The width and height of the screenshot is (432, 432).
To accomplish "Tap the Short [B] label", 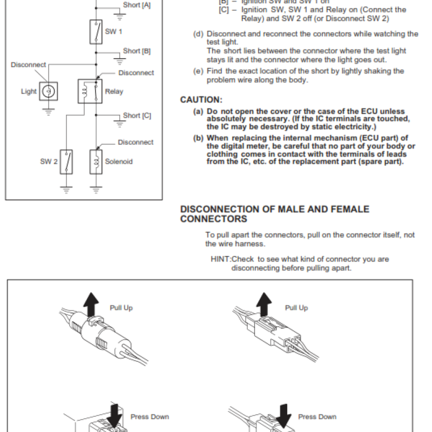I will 137,51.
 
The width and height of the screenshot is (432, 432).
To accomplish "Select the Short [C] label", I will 137,116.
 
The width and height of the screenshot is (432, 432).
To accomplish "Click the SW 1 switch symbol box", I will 96,32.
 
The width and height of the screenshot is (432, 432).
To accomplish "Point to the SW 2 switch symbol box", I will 66,161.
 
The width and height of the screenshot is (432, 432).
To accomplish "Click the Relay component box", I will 90,91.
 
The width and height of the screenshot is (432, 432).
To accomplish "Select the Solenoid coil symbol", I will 96,161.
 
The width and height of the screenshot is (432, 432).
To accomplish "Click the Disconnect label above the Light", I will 29,65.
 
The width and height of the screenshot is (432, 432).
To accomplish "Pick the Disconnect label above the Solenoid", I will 136,143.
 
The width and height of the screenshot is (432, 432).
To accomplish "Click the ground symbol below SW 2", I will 66,190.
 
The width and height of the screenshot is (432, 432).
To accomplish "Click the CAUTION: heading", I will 201,100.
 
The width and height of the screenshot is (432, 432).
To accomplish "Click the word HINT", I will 220,259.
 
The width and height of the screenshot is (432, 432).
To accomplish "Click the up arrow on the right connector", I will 264,303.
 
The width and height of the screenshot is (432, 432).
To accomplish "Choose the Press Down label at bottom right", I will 317,417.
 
